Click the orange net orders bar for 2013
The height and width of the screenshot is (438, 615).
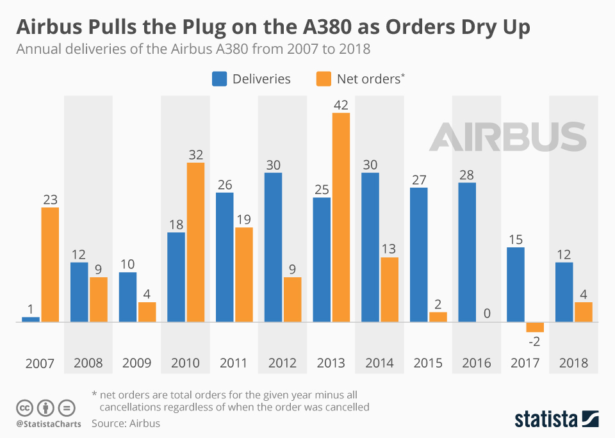click(x=341, y=217)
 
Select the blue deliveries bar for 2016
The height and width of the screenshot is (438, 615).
click(x=467, y=252)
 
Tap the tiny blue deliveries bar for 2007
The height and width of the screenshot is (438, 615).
click(x=31, y=319)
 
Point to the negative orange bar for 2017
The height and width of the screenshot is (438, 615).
click(x=535, y=327)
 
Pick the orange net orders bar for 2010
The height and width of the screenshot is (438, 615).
click(x=195, y=242)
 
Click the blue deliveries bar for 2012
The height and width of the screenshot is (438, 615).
click(x=273, y=247)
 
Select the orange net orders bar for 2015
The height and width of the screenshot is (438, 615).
click(x=438, y=316)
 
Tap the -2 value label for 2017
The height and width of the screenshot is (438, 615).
click(x=534, y=341)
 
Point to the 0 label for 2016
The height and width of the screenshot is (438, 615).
click(x=487, y=313)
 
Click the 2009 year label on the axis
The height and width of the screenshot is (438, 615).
click(x=136, y=363)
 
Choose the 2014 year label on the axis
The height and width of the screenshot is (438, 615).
click(x=379, y=363)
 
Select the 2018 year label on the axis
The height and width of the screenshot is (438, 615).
click(x=573, y=363)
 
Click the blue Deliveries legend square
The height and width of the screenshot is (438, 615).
click(x=220, y=79)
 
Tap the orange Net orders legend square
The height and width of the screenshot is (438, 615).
click(x=324, y=79)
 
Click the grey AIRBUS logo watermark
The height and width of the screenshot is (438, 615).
click(x=507, y=137)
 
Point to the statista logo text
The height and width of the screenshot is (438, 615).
click(x=545, y=419)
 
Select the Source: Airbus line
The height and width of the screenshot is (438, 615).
click(x=126, y=423)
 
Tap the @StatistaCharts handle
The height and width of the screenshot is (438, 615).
click(x=49, y=424)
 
